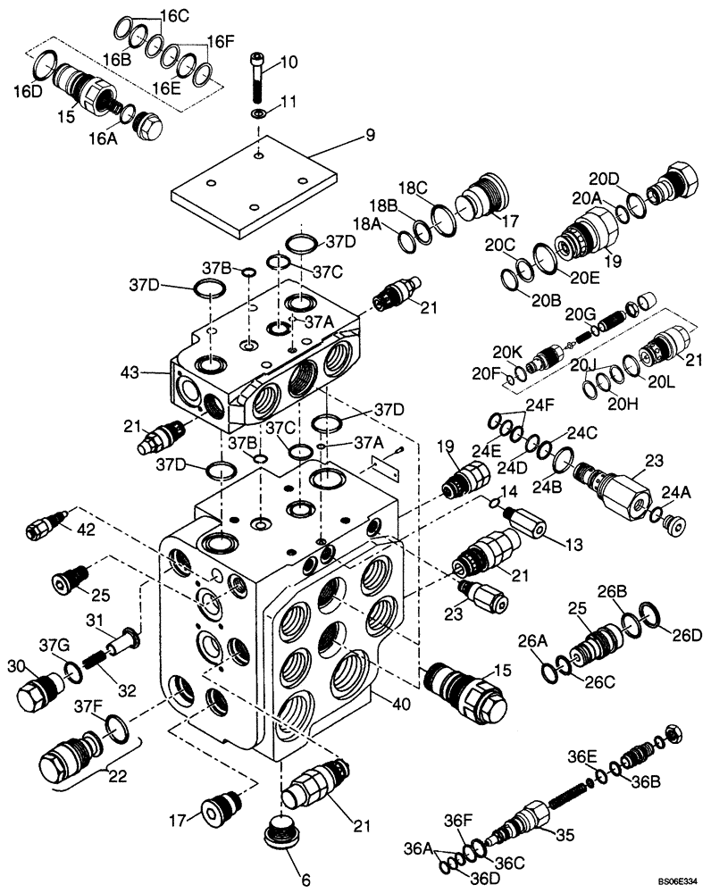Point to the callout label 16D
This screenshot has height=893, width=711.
point(25,90)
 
